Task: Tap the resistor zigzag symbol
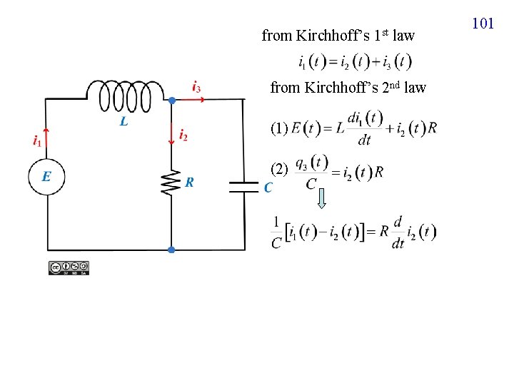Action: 171,182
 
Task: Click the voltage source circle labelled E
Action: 46,175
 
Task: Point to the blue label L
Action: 124,122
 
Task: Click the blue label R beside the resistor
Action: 189,183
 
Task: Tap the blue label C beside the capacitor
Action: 268,188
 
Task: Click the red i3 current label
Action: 196,88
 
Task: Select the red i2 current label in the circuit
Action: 183,134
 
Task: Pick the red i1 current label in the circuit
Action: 36,141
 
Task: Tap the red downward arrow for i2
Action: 171,133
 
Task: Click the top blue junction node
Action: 171,101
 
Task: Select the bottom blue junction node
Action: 171,250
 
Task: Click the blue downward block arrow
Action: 322,197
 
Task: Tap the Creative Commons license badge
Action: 69,268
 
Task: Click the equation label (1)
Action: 279,128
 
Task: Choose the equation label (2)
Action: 279,170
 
